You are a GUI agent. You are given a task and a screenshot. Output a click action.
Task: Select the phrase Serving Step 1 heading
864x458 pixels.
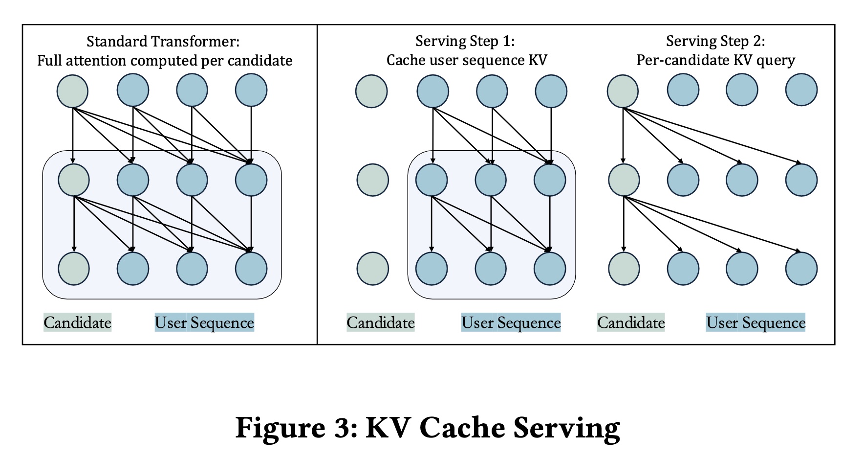[465, 41]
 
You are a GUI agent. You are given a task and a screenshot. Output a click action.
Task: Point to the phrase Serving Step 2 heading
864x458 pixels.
[715, 41]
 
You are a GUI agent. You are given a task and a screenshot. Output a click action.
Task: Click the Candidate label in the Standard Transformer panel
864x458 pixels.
[78, 322]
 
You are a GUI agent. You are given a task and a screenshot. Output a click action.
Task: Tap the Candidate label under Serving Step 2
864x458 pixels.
[631, 322]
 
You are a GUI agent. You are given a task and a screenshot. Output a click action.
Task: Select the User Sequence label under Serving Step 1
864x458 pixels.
[511, 322]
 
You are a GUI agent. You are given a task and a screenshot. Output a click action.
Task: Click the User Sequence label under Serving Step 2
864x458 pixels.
[756, 322]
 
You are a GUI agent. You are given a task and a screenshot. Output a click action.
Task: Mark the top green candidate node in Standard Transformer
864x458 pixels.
[73, 91]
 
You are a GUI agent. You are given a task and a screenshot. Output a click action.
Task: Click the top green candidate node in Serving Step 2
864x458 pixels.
[623, 91]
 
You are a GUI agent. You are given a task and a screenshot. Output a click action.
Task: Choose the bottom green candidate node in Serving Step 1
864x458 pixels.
[373, 269]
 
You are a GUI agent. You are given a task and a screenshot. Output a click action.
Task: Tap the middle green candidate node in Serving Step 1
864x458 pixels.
[373, 180]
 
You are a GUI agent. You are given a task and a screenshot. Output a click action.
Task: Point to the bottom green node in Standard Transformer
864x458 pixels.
[74, 269]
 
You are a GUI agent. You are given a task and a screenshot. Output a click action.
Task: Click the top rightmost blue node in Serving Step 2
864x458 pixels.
[801, 90]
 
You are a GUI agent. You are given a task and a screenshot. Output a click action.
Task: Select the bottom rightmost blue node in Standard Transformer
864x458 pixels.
[251, 269]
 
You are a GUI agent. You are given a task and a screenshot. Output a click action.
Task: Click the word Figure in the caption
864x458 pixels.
[280, 428]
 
